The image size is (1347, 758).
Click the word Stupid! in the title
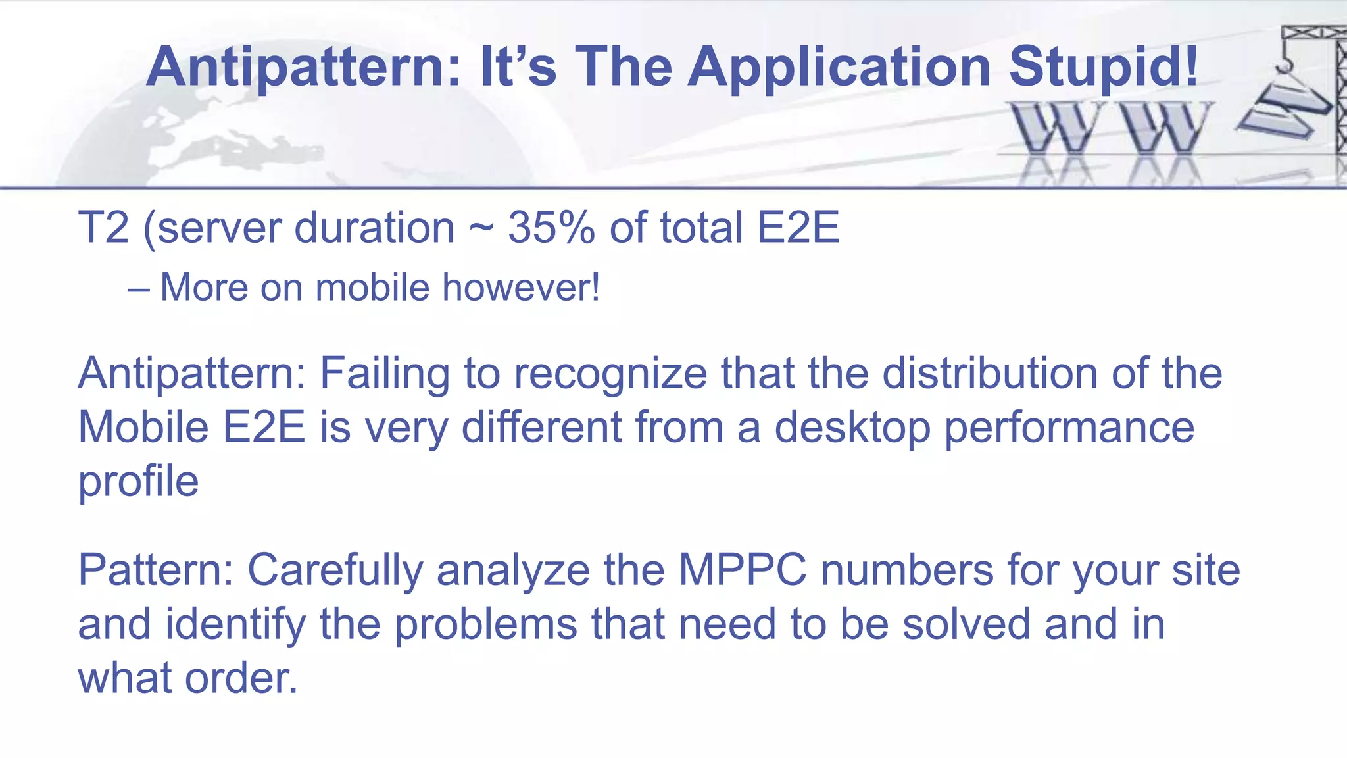coord(1104,67)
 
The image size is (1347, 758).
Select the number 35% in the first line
coord(551,228)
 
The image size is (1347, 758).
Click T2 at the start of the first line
coord(103,228)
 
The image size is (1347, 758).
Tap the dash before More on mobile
coord(139,289)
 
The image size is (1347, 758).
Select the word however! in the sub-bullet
coord(521,288)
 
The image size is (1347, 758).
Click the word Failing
coord(385,374)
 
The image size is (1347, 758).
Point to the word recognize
coord(610,374)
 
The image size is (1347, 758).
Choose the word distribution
coord(989,373)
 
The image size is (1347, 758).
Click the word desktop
coord(852,428)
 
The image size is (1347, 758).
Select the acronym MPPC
coord(743,570)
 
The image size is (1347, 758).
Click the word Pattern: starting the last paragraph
coord(156,570)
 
